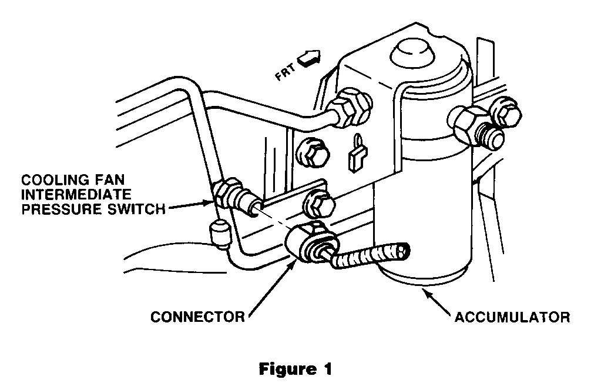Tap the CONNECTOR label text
(x=197, y=317)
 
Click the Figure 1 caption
(x=296, y=370)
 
